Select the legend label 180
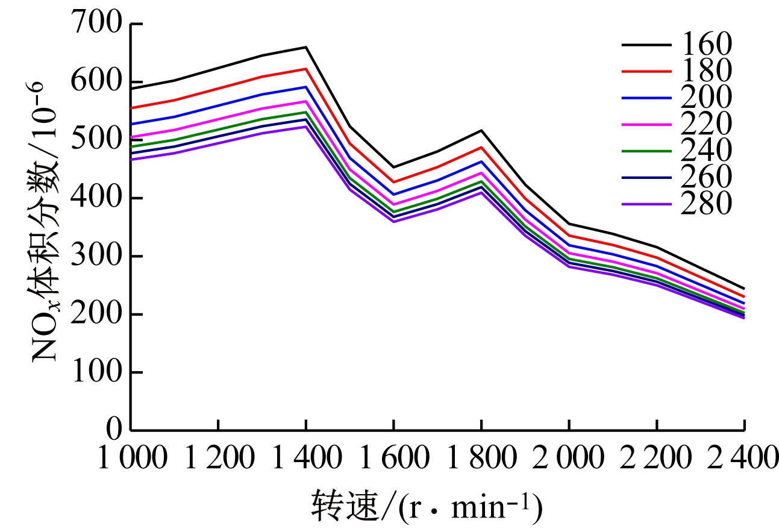click(x=706, y=70)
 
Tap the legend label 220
click(x=706, y=124)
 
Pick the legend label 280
click(x=706, y=204)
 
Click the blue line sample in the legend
click(x=646, y=98)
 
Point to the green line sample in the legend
click(x=646, y=151)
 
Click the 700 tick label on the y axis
click(x=99, y=24)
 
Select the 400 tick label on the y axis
click(x=99, y=198)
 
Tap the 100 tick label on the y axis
click(x=99, y=372)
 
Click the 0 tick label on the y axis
click(x=114, y=430)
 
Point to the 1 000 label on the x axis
click(x=131, y=460)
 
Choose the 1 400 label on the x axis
click(x=306, y=460)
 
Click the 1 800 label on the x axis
click(x=481, y=460)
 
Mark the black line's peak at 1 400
click(x=306, y=47)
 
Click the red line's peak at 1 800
click(x=481, y=147)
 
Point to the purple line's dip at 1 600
click(x=393, y=222)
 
